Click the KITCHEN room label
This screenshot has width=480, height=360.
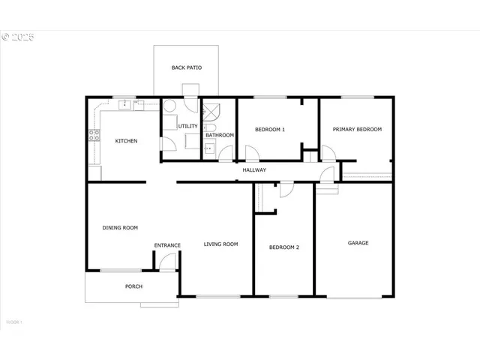point(126,141)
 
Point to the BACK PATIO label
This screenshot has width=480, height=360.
point(186,68)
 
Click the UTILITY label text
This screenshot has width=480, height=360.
point(187,126)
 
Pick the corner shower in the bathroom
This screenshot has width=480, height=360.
point(212,110)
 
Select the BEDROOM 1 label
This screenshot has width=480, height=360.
point(270,130)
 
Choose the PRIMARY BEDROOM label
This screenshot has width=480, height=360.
point(358,130)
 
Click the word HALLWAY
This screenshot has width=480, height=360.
point(254,170)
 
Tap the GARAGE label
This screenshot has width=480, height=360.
point(358,243)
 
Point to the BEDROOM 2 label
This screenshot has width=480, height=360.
point(284,247)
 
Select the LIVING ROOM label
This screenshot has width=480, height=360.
point(220,244)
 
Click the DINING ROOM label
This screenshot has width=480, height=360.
point(120,227)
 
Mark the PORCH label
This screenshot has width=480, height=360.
point(133,286)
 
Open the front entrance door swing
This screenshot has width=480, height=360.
point(168,262)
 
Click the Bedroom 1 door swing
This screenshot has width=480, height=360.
point(253,154)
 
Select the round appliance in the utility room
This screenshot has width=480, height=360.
point(169,106)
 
